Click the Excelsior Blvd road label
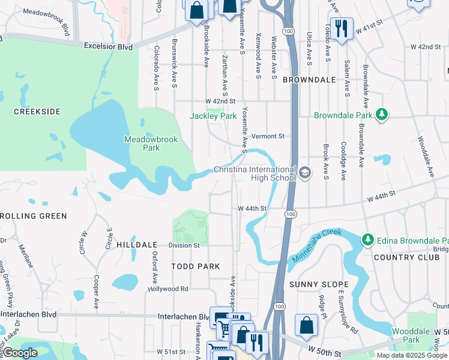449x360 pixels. pos(108,46)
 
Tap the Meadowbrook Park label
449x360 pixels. pos(143,143)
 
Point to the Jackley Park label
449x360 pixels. pos(214,116)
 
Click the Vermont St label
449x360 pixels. pos(267,136)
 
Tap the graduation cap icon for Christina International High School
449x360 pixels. pos(305,173)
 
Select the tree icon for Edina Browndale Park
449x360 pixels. pos(367,240)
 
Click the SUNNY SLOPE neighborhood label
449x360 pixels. pos(319,284)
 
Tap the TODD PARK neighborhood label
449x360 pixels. pos(195,266)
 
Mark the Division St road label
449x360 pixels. pos(184,245)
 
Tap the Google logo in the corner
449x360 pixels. pos(20,353)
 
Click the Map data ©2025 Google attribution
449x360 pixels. pos(411,355)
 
